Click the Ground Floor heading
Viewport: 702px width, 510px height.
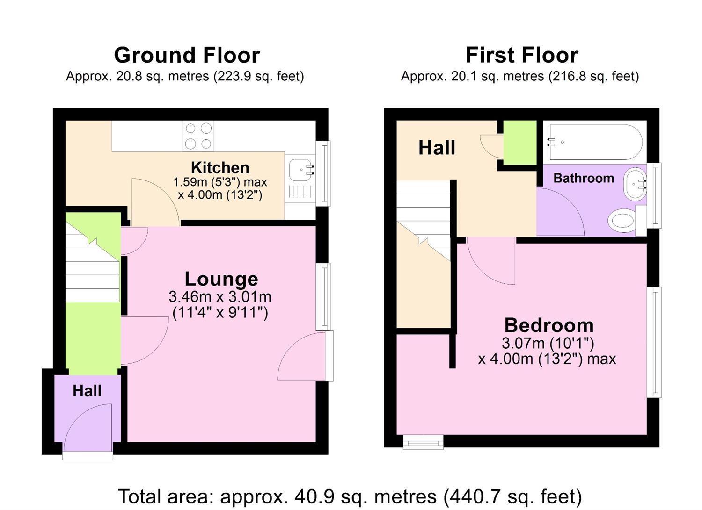tap(187, 55)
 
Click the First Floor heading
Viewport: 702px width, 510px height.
tap(522, 55)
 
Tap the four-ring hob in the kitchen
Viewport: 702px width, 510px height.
tap(198, 136)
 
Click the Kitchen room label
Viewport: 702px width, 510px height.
tap(220, 167)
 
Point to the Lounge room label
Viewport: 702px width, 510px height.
tap(221, 279)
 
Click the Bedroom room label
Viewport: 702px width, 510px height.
tap(548, 325)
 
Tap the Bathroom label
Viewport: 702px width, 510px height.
tap(583, 178)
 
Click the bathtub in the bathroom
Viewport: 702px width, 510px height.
tap(595, 142)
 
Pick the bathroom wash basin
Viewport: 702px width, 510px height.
tap(635, 184)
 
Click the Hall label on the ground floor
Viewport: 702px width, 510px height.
tap(87, 391)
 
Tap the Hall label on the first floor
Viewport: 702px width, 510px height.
tap(436, 148)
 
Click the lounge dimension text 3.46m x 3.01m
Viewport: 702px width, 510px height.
tap(220, 296)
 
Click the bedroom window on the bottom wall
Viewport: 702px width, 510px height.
tap(423, 442)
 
